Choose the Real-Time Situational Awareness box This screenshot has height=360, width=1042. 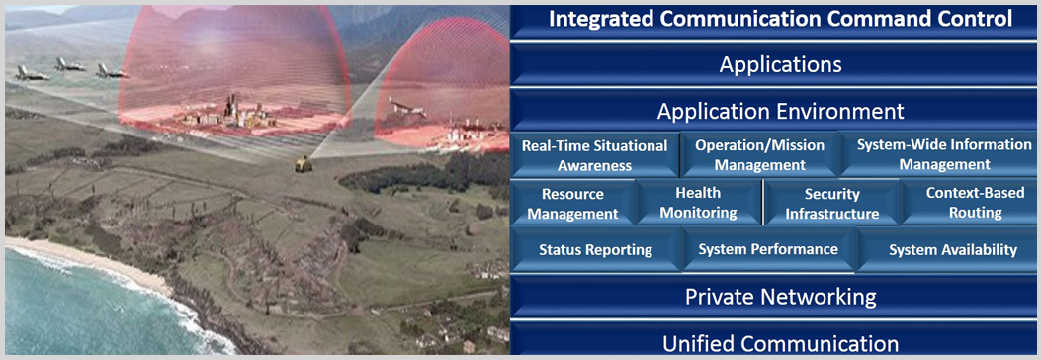pyautogui.click(x=595, y=155)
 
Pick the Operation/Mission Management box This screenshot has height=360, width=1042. pyautogui.click(x=759, y=154)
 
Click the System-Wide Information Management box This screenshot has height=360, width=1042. pyautogui.click(x=939, y=154)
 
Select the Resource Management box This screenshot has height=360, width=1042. pyautogui.click(x=572, y=204)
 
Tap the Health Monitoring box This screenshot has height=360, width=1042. pyautogui.click(x=698, y=203)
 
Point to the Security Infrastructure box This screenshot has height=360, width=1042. pyautogui.click(x=832, y=204)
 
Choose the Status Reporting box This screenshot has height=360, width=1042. pyautogui.click(x=596, y=250)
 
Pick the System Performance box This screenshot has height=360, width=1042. pyautogui.click(x=768, y=250)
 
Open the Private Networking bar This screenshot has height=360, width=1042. pyautogui.click(x=780, y=296)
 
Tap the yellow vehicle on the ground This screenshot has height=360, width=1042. pyautogui.click(x=304, y=163)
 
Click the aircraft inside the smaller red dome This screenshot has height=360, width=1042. pyautogui.click(x=407, y=108)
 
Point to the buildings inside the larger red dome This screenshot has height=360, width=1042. pyautogui.click(x=226, y=114)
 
